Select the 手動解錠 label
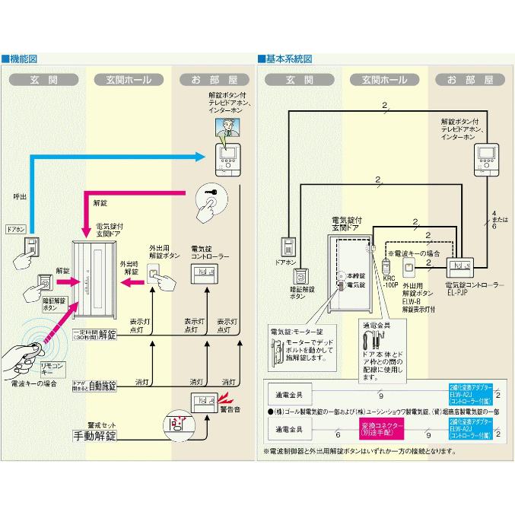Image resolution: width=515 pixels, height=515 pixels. pyautogui.click(x=95, y=436)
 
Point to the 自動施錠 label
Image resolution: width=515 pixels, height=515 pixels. pyautogui.click(x=101, y=385)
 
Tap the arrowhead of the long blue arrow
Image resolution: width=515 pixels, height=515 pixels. pyautogui.click(x=202, y=157)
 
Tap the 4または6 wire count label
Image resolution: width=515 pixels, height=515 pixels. pyautogui.click(x=494, y=220)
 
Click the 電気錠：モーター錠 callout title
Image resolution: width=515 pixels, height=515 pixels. pyautogui.click(x=296, y=332)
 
